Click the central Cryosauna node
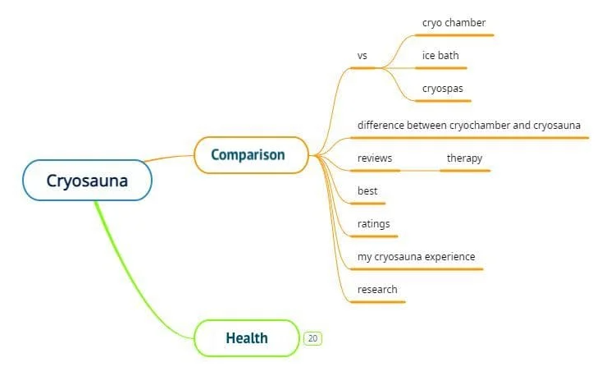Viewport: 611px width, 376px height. pos(87,181)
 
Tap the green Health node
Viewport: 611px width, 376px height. pos(247,337)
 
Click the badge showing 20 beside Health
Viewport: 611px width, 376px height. pos(312,337)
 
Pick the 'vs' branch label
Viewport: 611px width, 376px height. pos(362,56)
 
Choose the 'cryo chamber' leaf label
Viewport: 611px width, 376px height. pos(454,23)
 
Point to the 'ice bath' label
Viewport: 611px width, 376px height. pos(440,56)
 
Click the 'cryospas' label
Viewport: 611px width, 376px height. pos(442,88)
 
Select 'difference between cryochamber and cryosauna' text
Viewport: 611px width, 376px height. pos(469,125)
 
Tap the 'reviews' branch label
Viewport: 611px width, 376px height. pos(375,158)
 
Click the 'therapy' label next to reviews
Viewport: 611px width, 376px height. pos(464,158)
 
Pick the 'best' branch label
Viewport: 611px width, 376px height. pos(367,190)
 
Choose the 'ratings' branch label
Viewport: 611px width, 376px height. pos(374,223)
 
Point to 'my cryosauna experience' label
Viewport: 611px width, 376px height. pos(416,256)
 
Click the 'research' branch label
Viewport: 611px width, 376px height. pos(377,289)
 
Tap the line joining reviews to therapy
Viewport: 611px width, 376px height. pos(420,170)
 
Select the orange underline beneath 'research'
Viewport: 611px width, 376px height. pos(377,301)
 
